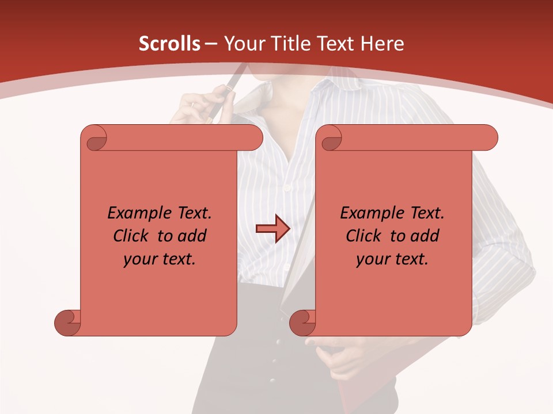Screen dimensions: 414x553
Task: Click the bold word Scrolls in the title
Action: pyautogui.click(x=169, y=44)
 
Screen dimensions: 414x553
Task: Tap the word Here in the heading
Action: pyautogui.click(x=381, y=44)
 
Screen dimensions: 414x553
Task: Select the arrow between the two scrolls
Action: pyautogui.click(x=272, y=229)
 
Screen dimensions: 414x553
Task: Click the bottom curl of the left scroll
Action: pyautogui.click(x=67, y=323)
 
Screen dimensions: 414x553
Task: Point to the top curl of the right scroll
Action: pyautogui.click(x=330, y=138)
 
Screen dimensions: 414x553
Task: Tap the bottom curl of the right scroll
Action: pyautogui.click(x=302, y=323)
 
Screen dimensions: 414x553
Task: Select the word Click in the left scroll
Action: pyautogui.click(x=130, y=236)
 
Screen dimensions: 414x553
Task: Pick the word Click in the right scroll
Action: pyautogui.click(x=363, y=236)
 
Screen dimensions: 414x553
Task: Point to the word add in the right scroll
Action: pyautogui.click(x=425, y=236)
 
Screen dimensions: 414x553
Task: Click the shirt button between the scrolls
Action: pyautogui.click(x=287, y=187)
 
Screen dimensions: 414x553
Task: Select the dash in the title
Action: pyautogui.click(x=211, y=44)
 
